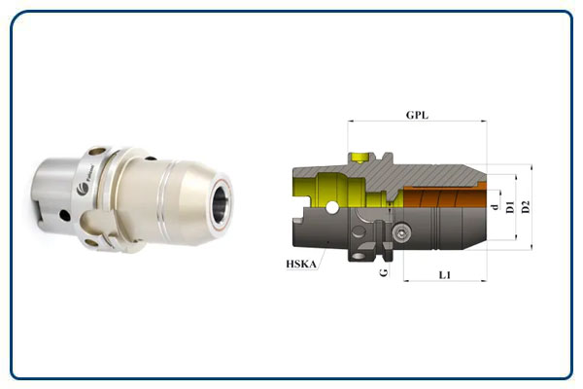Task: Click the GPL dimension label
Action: [418, 115]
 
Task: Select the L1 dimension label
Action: [444, 276]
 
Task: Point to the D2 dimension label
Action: [526, 206]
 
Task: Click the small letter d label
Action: [495, 206]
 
